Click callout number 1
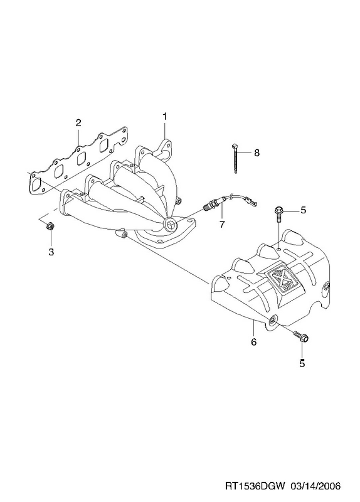coord(164,117)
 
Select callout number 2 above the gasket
coord(78,122)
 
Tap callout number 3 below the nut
coord(51,252)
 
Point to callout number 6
coord(253,342)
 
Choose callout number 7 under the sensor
coord(222,225)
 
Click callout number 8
coord(257,152)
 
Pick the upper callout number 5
coord(303,210)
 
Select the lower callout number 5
coord(302,363)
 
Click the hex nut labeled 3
coord(50,227)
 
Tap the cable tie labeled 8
coord(235,159)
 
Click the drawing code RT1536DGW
coord(255,486)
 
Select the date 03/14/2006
coord(315,486)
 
